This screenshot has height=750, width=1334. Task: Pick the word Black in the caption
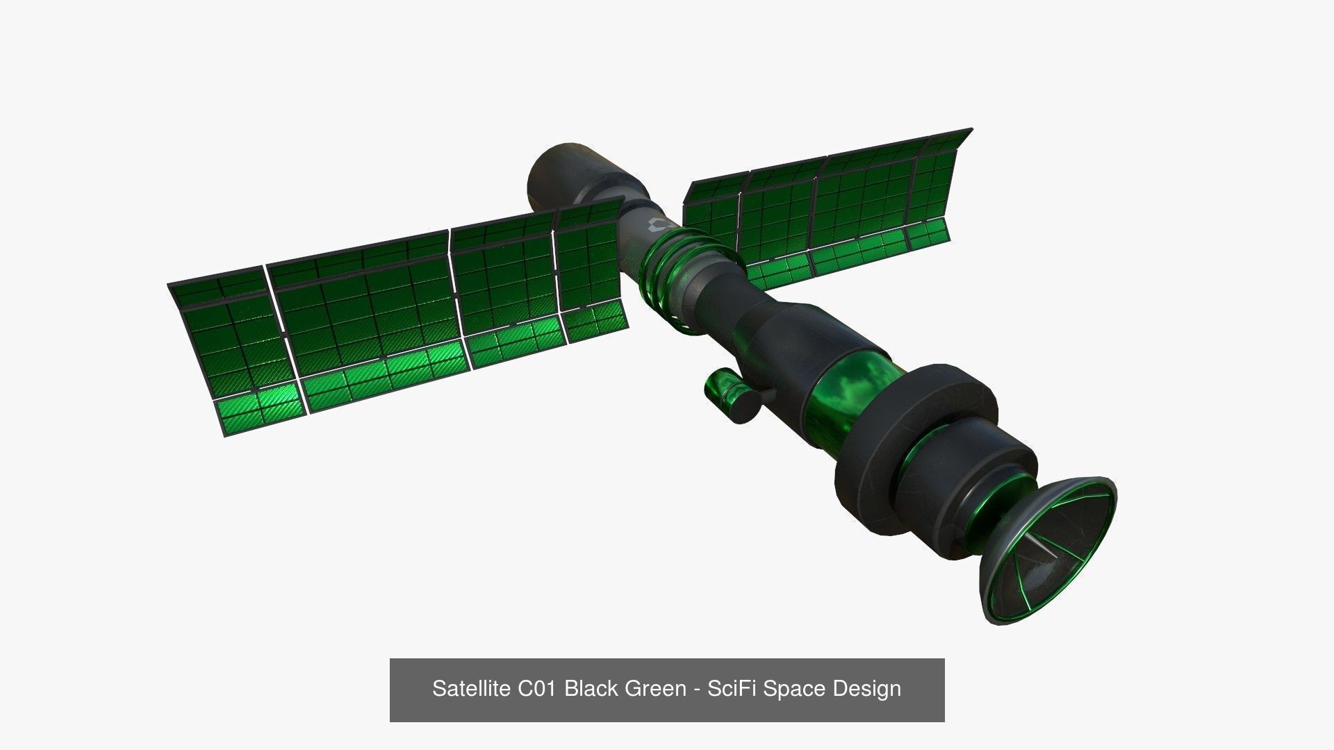[591, 688]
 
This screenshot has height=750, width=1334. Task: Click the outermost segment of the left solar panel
[229, 354]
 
